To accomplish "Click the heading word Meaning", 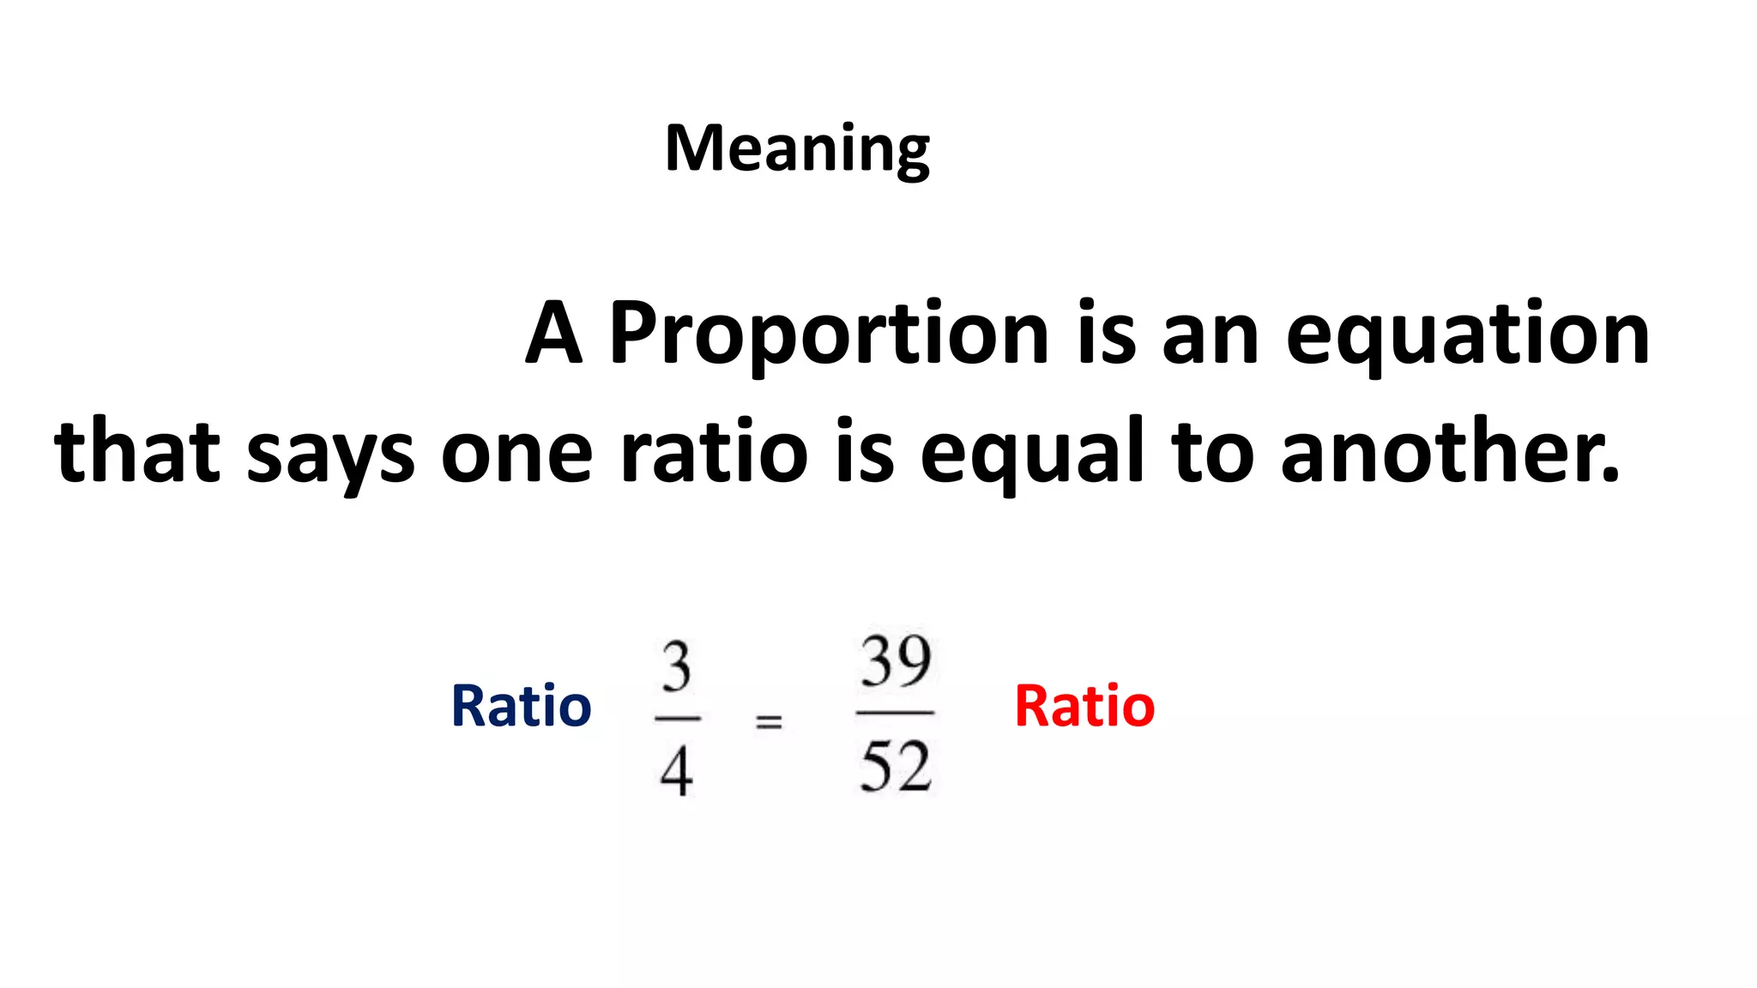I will click(x=797, y=149).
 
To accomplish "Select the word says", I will click(x=330, y=455).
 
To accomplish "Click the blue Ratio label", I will click(x=521, y=706).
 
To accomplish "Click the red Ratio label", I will click(x=1084, y=706).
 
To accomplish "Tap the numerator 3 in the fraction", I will click(x=676, y=668).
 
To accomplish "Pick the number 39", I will click(x=896, y=662).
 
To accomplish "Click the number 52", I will click(x=896, y=766).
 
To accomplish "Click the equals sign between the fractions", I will click(x=769, y=722).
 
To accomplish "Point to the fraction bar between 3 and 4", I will click(x=677, y=718).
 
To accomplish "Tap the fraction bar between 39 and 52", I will click(x=895, y=713).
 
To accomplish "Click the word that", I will click(x=137, y=451).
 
